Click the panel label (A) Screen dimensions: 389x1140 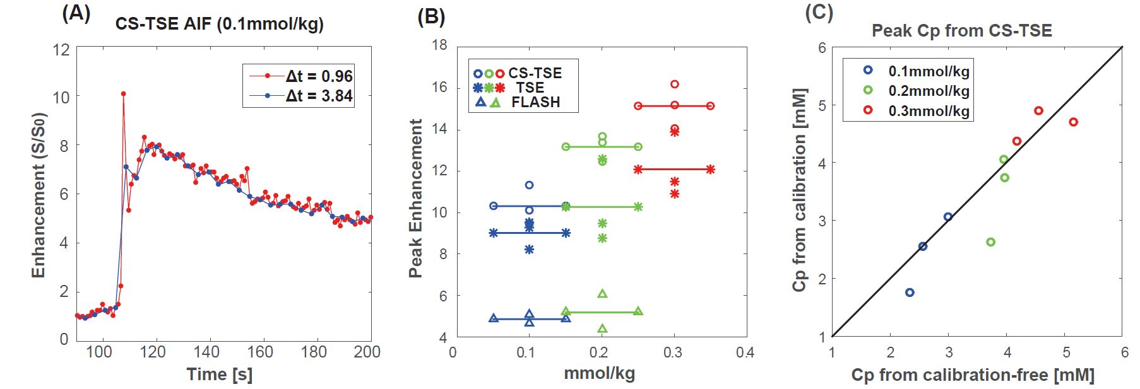tap(76, 13)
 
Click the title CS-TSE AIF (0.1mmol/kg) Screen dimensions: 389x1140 tap(219, 25)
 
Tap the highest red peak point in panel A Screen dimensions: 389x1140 tap(123, 94)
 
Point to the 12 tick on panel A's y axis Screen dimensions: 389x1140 tap(61, 49)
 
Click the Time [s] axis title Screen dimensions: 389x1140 tap(219, 374)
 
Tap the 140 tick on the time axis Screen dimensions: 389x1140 tap(206, 352)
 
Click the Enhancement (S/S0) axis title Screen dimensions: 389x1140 tap(39, 195)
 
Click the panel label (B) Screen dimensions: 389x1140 tap(431, 16)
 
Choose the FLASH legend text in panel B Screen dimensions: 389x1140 tap(535, 102)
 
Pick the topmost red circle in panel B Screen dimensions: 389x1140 tap(674, 84)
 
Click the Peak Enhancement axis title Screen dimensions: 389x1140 tap(415, 198)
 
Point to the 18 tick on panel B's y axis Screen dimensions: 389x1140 tap(439, 45)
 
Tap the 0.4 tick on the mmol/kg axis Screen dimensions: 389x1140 tap(745, 352)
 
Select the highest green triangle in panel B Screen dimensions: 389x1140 tap(602, 294)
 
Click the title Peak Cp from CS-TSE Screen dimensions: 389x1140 tap(961, 31)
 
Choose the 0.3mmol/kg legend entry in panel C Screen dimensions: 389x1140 tap(928, 110)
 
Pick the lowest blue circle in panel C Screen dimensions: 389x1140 tap(910, 293)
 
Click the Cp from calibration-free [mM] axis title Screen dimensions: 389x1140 tap(972, 375)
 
